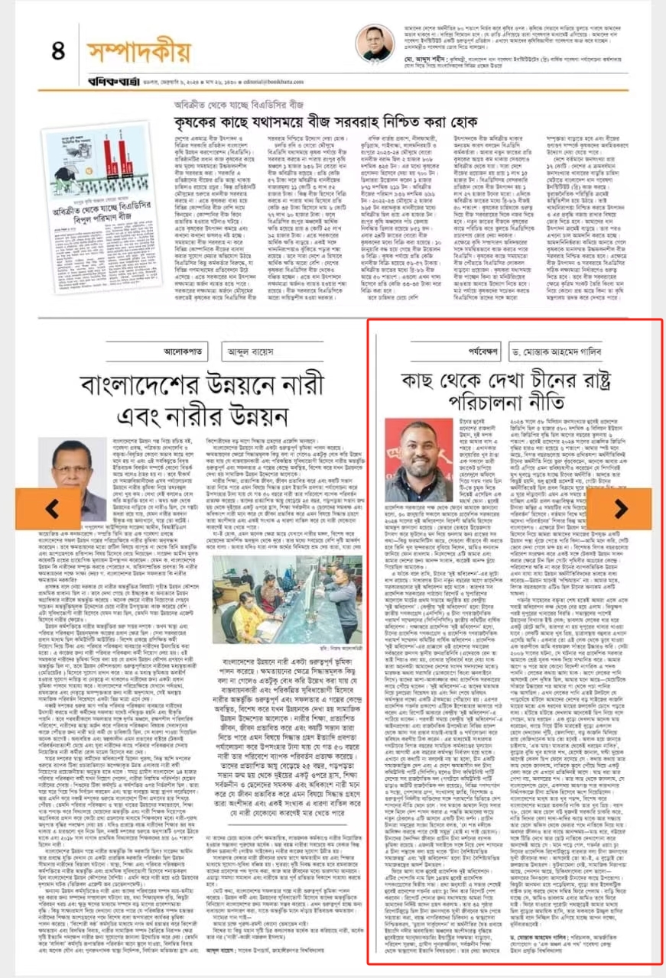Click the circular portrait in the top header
[375, 44]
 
